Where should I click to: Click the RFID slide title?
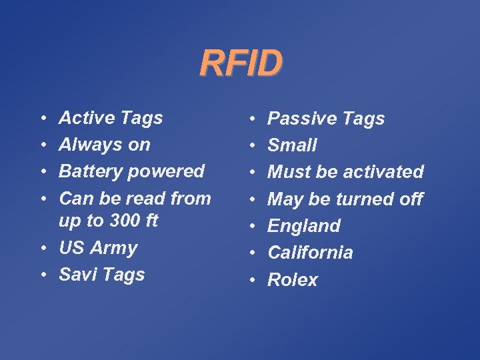(x=241, y=64)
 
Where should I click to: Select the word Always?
(x=85, y=145)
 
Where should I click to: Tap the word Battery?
(x=87, y=171)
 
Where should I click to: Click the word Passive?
(x=297, y=119)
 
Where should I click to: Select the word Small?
(x=292, y=145)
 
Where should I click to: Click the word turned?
(x=362, y=199)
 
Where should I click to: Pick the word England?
(x=304, y=226)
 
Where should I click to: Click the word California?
(x=310, y=253)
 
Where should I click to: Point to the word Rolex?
(x=293, y=280)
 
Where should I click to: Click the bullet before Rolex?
(x=253, y=280)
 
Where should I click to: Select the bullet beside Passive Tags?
(x=253, y=119)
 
